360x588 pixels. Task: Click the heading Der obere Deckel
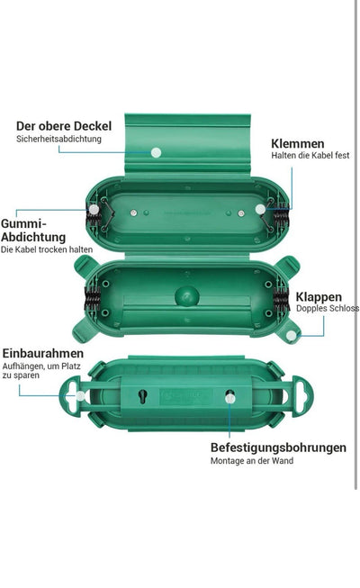[64, 126]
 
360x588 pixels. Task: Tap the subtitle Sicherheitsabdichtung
[58, 139]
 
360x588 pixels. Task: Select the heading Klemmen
[298, 144]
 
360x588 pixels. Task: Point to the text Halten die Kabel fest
[310, 155]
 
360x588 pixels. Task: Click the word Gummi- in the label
[23, 223]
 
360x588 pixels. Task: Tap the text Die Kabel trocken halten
[47, 249]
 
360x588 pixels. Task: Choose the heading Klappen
[319, 297]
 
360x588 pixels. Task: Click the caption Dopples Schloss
[328, 308]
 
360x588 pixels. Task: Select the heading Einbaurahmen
[43, 353]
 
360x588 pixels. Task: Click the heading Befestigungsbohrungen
[278, 448]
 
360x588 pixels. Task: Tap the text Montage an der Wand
[252, 460]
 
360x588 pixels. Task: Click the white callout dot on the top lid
[156, 152]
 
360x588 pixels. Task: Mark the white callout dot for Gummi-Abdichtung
[94, 210]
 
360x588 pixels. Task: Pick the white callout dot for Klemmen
[260, 209]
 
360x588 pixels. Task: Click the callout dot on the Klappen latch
[291, 335]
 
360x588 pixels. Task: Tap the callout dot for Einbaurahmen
[80, 396]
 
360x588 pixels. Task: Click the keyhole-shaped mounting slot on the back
[142, 396]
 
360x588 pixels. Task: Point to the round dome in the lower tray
[187, 296]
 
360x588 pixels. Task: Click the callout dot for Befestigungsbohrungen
[229, 398]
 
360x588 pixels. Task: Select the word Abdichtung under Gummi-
[33, 237]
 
